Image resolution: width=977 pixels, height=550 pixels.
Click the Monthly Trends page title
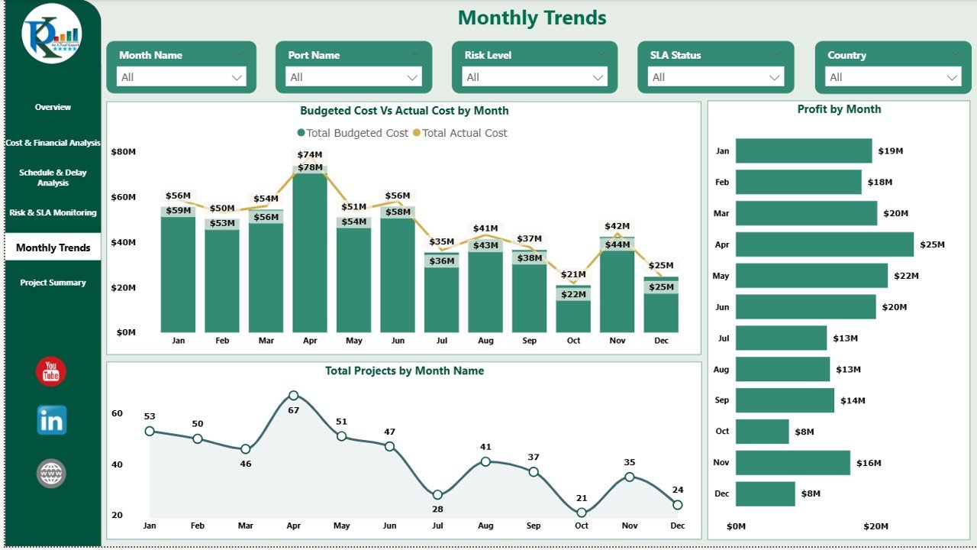pyautogui.click(x=532, y=18)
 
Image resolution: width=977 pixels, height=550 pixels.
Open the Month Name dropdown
pyautogui.click(x=182, y=77)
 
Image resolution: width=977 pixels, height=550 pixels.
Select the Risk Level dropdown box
pyautogui.click(x=534, y=77)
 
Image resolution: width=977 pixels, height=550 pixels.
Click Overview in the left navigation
pyautogui.click(x=53, y=107)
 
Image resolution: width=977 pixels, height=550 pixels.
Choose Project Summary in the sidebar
pyautogui.click(x=53, y=283)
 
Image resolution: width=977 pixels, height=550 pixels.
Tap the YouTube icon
pyautogui.click(x=51, y=372)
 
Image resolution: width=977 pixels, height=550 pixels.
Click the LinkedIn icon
pyautogui.click(x=51, y=420)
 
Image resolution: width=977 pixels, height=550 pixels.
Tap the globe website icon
pyautogui.click(x=51, y=474)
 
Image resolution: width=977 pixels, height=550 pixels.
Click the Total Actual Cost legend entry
pyautogui.click(x=464, y=133)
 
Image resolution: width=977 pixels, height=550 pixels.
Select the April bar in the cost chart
pyautogui.click(x=310, y=252)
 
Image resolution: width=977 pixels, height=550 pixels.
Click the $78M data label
pyautogui.click(x=310, y=167)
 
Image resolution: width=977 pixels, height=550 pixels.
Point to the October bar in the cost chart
pyautogui.click(x=573, y=313)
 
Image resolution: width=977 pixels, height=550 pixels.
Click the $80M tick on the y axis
pyautogui.click(x=123, y=152)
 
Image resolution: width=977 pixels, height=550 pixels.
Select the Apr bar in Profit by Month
pyautogui.click(x=824, y=244)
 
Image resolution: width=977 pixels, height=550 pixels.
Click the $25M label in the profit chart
pyautogui.click(x=932, y=245)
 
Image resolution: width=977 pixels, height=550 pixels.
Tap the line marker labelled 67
pyautogui.click(x=294, y=396)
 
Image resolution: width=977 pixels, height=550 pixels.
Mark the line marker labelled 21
pyautogui.click(x=582, y=513)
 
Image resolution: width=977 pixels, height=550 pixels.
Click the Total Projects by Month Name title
pyautogui.click(x=404, y=371)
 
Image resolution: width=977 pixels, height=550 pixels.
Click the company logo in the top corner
pyautogui.click(x=51, y=34)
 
